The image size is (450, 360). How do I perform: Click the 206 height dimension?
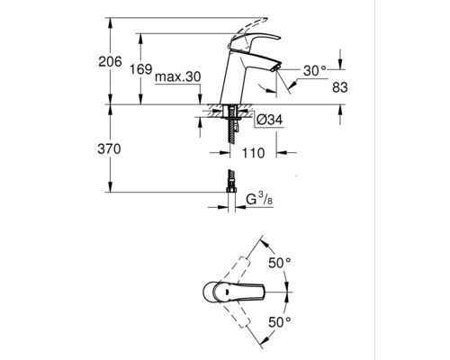110,62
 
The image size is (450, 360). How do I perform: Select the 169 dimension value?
140,69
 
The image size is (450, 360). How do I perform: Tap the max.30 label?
177,77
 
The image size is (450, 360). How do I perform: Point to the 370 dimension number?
109,148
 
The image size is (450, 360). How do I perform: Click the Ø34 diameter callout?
270,120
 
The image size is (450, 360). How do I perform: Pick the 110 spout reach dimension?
253,153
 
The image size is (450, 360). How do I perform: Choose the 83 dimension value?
340,87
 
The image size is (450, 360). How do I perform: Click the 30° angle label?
314,71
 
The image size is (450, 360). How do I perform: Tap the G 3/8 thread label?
259,199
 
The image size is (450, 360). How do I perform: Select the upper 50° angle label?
280,263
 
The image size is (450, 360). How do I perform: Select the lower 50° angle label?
280,322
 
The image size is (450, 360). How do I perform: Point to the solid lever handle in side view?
255,42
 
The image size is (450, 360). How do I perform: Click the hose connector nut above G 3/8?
231,189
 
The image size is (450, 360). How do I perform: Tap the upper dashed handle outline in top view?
236,270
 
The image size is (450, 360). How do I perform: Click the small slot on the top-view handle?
227,292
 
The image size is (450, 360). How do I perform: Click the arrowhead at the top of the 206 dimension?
111,22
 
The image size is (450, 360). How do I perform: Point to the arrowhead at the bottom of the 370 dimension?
111,187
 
